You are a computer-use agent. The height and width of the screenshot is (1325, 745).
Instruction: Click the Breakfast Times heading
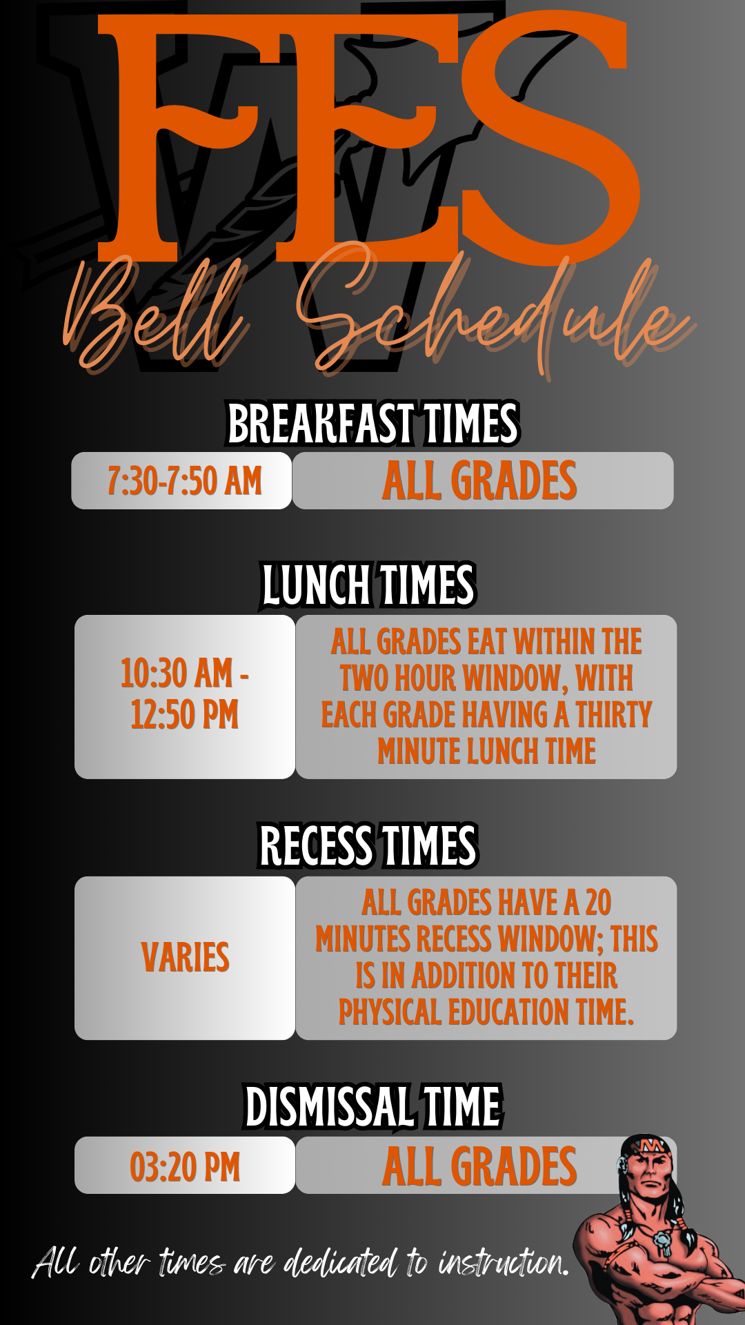coord(372,424)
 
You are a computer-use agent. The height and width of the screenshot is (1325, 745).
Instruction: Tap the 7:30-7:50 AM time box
coord(181,481)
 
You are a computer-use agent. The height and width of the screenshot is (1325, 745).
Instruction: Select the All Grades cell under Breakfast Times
coord(483,481)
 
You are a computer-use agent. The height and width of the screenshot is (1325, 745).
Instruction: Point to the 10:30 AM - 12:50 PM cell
coord(185,697)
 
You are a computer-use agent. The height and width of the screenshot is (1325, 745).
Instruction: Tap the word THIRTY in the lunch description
coord(613,714)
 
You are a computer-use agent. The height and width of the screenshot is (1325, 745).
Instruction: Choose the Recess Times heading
coord(368,845)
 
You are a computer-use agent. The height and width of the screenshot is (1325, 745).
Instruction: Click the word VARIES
coord(185,957)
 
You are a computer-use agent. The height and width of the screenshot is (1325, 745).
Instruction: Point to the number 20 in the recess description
coord(598,903)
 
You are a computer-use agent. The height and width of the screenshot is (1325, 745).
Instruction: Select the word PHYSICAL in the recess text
coord(390,1012)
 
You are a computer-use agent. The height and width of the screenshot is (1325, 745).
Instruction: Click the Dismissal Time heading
coord(373,1106)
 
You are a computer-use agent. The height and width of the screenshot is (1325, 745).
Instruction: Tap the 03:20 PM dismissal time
coord(185,1167)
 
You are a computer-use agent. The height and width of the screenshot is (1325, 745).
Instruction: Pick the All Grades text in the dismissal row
coord(479,1167)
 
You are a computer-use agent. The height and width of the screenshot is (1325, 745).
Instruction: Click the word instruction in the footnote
coord(503,1263)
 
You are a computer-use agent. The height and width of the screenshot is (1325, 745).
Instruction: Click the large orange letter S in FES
coord(548,138)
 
